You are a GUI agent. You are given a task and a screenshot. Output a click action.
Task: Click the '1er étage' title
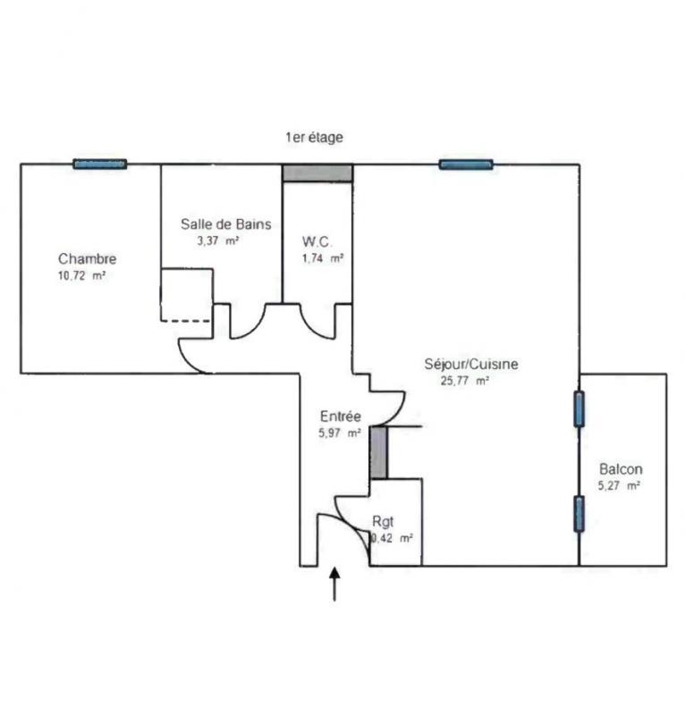tap(315, 138)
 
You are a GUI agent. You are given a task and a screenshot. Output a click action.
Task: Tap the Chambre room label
tap(87, 258)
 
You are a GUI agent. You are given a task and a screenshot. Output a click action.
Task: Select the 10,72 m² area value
tap(82, 275)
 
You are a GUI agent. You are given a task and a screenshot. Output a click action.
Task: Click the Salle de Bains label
tap(226, 224)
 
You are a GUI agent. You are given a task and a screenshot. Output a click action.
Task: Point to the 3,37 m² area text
tap(217, 240)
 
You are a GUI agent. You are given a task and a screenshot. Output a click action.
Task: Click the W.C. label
tap(317, 241)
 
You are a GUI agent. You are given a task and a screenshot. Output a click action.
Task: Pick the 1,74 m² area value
tap(323, 258)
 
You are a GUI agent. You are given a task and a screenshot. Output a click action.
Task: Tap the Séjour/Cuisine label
tap(471, 364)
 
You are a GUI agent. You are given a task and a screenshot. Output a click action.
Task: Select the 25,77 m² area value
tap(465, 381)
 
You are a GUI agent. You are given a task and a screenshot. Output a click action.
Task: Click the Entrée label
tap(341, 416)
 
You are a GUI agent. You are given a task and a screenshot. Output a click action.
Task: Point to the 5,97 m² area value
tap(340, 433)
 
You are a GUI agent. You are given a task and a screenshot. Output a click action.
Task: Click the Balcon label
tap(621, 468)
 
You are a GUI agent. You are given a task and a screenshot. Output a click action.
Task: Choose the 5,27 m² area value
tap(619, 485)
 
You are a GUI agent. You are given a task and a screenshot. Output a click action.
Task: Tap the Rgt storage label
tap(383, 521)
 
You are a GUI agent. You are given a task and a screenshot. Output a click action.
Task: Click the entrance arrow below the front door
tap(335, 585)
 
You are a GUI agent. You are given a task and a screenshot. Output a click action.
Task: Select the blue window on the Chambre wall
tap(100, 164)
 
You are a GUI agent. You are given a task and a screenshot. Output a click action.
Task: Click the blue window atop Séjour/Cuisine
tap(466, 164)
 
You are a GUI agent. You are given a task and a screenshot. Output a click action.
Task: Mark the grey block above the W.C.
tap(317, 173)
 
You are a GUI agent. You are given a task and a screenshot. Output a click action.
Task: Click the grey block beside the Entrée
tap(379, 452)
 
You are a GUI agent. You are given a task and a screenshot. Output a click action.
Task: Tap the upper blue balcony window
tap(579, 409)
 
